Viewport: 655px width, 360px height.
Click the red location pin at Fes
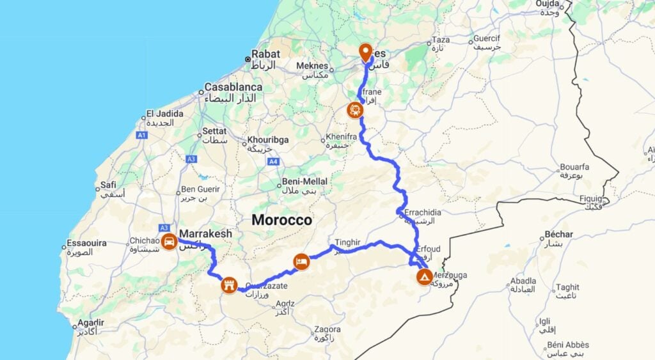365,52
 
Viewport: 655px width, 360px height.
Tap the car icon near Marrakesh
169,241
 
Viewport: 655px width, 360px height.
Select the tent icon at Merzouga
423,277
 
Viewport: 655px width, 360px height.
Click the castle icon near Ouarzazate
229,285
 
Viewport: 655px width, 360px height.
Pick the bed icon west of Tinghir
302,261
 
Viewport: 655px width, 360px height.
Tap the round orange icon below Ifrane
355,110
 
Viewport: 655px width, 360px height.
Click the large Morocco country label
281,220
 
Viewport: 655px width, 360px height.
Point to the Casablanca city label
233,87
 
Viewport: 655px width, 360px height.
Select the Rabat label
265,54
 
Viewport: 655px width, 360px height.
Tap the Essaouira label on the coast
88,244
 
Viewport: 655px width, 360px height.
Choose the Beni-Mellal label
304,182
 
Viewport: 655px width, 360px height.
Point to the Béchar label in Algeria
559,235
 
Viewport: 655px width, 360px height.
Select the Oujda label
550,4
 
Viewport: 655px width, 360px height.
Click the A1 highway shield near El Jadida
141,135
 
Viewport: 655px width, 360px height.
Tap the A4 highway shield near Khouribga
273,162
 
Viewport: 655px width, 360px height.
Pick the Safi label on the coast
108,185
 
